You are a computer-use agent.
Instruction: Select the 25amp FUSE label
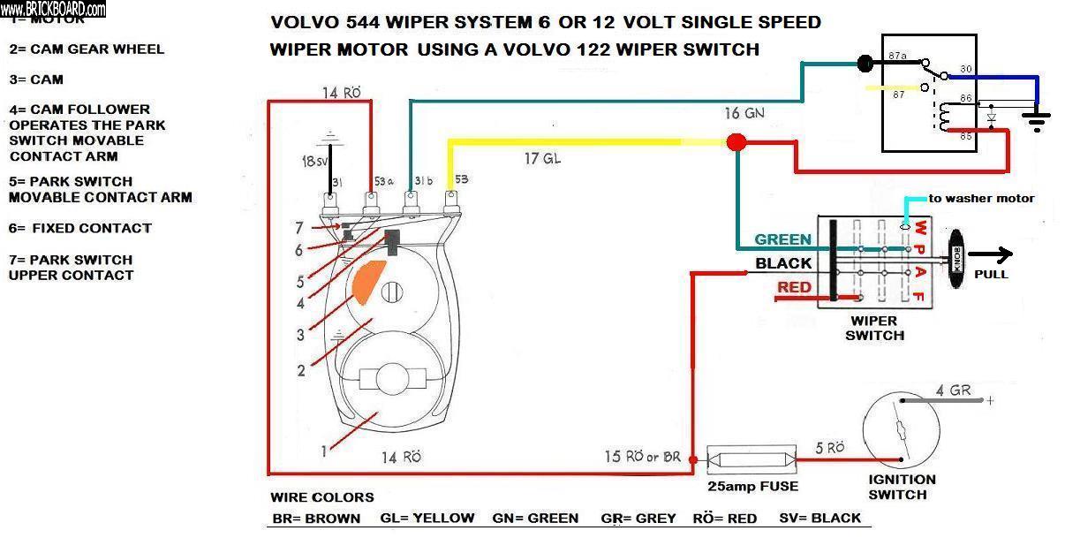pyautogui.click(x=753, y=486)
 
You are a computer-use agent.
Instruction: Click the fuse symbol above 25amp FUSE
pyautogui.click(x=753, y=459)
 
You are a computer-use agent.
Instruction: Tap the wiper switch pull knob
pyautogui.click(x=956, y=256)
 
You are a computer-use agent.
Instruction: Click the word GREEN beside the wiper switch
pyautogui.click(x=782, y=239)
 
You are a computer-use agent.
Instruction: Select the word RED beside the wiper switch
pyautogui.click(x=795, y=288)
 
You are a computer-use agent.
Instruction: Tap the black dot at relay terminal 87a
pyautogui.click(x=865, y=63)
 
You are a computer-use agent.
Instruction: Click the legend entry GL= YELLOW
pyautogui.click(x=427, y=519)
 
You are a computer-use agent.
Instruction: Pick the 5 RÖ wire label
pyautogui.click(x=829, y=448)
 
